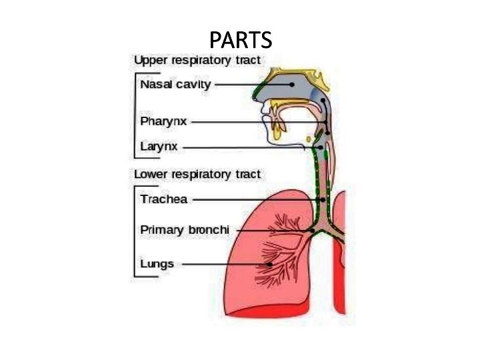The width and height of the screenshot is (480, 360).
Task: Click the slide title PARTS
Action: [x=240, y=40]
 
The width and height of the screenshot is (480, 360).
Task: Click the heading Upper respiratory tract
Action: [x=197, y=61]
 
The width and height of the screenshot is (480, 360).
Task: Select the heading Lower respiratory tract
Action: [x=197, y=175]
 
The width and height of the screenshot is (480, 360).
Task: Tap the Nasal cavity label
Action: [x=175, y=85]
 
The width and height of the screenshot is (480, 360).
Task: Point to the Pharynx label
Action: [x=163, y=122]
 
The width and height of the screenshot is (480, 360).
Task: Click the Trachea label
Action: [x=164, y=199]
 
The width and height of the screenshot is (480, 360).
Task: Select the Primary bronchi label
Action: [x=185, y=230]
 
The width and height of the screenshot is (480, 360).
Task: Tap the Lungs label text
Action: [x=157, y=264]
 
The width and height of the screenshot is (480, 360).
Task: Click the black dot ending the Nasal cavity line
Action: [x=292, y=85]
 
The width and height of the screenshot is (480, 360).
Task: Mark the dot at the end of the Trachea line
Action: [x=323, y=199]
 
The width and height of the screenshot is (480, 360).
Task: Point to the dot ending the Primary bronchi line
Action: [x=312, y=231]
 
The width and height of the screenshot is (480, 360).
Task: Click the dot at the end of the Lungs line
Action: [x=270, y=265]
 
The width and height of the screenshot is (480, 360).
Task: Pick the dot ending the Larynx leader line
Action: [x=321, y=147]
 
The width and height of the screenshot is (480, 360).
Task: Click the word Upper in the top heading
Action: [x=148, y=61]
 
